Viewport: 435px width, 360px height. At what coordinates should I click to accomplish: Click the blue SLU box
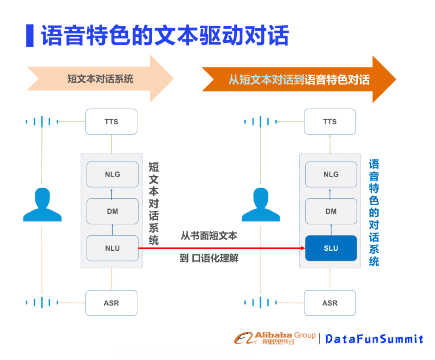(x=331, y=248)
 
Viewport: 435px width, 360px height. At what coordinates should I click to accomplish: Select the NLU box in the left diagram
(x=112, y=248)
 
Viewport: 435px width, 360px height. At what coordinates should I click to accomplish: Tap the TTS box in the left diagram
(x=111, y=121)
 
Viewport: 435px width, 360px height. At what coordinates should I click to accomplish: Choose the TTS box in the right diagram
(x=329, y=121)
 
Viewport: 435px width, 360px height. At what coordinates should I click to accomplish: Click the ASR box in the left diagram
(x=111, y=303)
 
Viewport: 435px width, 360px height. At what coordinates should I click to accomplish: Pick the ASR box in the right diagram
(x=329, y=303)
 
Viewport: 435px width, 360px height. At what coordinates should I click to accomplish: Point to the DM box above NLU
(x=112, y=211)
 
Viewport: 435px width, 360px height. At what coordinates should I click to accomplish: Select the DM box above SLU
(x=331, y=211)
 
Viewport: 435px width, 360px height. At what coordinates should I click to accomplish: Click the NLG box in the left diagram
(x=112, y=174)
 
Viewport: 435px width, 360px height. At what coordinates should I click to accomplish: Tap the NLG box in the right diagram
(x=331, y=174)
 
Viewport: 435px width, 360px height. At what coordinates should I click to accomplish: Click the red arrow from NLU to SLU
(x=222, y=248)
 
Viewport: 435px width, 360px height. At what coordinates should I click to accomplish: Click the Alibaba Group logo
(x=275, y=338)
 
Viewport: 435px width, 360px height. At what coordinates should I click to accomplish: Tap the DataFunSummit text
(x=374, y=339)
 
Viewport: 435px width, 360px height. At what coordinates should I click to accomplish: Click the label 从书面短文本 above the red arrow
(x=209, y=236)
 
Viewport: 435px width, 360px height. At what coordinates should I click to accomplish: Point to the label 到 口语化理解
(x=209, y=258)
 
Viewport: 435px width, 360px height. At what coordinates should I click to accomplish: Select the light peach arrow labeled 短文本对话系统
(x=100, y=79)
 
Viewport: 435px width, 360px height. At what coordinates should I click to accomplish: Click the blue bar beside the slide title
(x=29, y=35)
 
